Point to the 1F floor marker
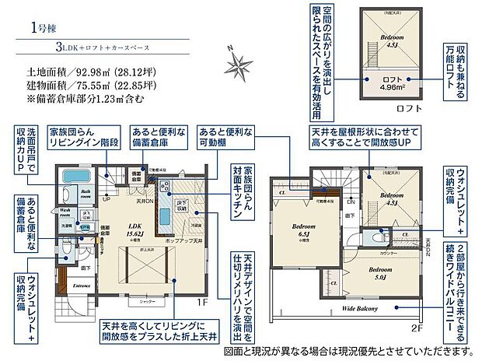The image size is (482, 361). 202,300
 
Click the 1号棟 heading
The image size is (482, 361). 44,28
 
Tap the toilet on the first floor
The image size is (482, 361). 65,251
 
